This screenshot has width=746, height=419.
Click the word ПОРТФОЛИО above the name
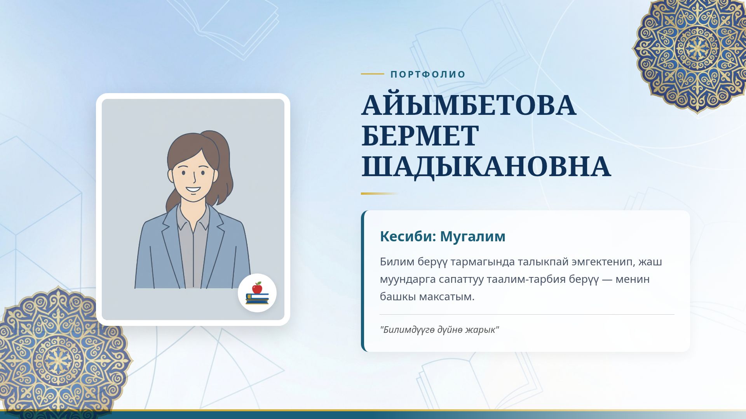point(428,74)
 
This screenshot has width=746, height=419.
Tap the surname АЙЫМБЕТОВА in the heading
point(469,105)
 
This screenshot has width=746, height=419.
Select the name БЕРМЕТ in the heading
point(420,135)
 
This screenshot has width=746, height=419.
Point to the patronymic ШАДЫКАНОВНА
point(486,166)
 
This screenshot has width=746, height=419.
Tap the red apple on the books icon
point(257,288)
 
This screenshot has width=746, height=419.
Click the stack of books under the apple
point(257,299)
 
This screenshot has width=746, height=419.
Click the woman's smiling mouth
point(193,190)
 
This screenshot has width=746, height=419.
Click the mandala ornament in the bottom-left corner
point(58,359)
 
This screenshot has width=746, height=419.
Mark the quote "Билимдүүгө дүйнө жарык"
point(439,330)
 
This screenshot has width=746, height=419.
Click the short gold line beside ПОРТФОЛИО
point(372,74)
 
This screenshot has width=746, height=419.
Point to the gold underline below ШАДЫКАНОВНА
point(379,194)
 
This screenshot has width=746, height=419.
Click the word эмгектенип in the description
point(602,262)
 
